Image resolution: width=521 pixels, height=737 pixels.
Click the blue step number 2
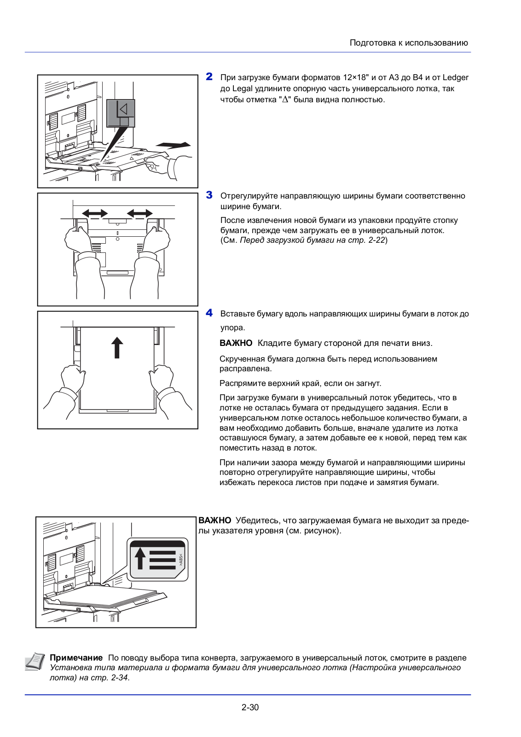(x=209, y=77)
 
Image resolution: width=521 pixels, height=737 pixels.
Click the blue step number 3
(x=209, y=195)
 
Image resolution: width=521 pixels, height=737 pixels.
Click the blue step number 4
(x=209, y=313)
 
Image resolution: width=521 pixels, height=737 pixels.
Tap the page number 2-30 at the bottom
(x=250, y=707)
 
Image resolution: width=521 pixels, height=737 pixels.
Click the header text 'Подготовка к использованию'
(x=409, y=43)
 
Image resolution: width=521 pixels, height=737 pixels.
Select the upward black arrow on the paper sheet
(x=117, y=347)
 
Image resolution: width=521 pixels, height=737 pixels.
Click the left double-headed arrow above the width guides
(x=95, y=213)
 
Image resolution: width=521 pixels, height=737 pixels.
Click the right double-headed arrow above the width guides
(x=140, y=213)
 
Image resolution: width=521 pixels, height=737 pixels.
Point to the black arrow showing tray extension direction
(x=174, y=145)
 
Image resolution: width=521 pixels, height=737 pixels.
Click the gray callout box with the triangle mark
(x=121, y=113)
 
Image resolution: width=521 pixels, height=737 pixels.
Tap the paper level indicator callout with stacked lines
(x=158, y=559)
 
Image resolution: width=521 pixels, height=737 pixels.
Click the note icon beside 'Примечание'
(x=35, y=661)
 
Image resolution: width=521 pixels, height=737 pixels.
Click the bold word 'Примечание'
(x=76, y=658)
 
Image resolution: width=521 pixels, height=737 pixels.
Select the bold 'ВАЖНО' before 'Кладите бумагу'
(x=236, y=343)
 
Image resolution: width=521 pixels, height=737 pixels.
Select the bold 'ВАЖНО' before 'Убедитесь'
(x=214, y=521)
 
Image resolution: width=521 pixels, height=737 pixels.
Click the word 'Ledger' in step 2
(x=455, y=77)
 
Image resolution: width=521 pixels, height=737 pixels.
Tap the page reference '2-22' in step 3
(x=376, y=240)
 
